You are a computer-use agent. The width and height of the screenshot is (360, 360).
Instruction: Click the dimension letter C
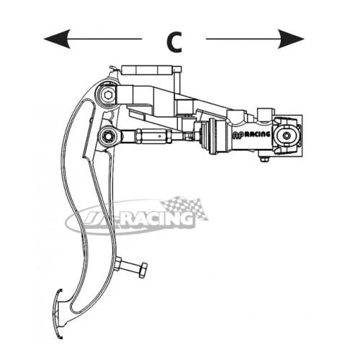174,42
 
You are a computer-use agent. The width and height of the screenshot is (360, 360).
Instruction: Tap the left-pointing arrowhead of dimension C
57,39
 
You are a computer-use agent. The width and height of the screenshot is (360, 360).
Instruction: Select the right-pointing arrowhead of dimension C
291,39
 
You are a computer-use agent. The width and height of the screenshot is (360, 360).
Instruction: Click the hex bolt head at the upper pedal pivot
107,95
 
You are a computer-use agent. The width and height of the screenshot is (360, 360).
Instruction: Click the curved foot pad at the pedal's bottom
58,314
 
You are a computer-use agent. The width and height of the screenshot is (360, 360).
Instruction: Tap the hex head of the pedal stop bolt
143,270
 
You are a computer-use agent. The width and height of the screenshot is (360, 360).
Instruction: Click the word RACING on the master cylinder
257,135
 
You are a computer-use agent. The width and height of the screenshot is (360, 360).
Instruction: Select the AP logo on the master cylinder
238,135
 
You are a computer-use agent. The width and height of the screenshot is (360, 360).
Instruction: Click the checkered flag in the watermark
186,208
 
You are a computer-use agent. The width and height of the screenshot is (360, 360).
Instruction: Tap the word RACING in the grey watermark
157,219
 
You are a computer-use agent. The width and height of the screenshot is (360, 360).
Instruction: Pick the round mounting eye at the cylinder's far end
287,136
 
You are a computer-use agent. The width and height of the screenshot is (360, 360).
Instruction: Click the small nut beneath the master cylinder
265,159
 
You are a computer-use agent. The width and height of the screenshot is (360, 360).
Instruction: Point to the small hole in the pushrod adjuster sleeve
160,136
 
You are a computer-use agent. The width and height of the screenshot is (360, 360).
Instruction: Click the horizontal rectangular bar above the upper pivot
147,70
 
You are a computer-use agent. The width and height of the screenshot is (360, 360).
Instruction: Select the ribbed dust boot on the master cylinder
204,137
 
